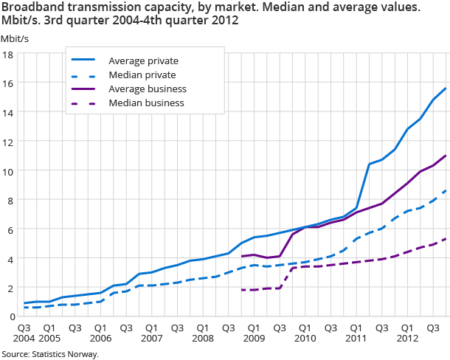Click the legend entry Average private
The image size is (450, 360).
(143, 60)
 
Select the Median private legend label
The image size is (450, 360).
(142, 75)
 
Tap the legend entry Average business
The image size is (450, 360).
(147, 89)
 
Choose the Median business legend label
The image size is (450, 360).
(145, 103)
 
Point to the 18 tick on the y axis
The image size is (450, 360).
(8, 55)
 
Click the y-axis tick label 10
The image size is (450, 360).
(8, 171)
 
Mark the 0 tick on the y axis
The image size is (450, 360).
(10, 316)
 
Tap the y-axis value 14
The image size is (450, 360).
(8, 113)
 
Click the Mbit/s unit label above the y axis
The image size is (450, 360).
(14, 38)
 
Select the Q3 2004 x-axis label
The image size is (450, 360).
(24, 332)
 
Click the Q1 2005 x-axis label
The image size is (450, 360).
(49, 332)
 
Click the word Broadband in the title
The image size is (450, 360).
(32, 7)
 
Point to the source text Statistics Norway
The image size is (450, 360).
(65, 354)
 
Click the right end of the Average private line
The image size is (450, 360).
(446, 89)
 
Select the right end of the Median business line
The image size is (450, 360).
(446, 239)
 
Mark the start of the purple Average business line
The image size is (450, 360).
(242, 257)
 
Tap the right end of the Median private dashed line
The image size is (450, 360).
(446, 190)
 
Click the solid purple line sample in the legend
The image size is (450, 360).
(85, 89)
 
